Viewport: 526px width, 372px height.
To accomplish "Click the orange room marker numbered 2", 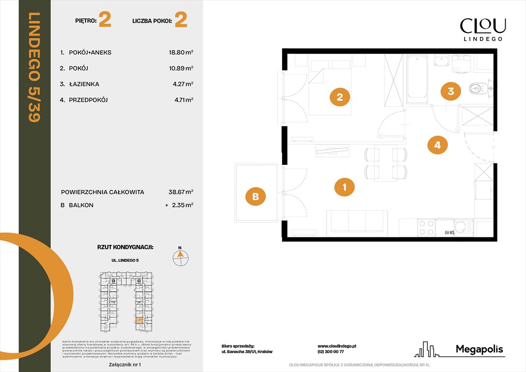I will point(340,97).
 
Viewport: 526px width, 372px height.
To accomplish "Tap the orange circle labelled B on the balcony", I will point(255,197).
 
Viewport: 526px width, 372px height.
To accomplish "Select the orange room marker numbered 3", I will point(451,91).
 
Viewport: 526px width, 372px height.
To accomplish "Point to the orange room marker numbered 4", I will point(437,144).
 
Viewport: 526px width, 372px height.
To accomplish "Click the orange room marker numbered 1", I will point(345,187).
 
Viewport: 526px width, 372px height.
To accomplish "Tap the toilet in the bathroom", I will point(479,88).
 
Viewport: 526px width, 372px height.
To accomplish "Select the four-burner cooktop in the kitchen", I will point(425,228).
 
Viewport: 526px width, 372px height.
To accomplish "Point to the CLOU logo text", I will point(482,26).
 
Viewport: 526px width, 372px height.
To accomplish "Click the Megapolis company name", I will point(479,349).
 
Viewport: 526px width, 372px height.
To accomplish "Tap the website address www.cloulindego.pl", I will point(337,346).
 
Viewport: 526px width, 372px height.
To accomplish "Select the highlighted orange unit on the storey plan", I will point(139,321).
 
